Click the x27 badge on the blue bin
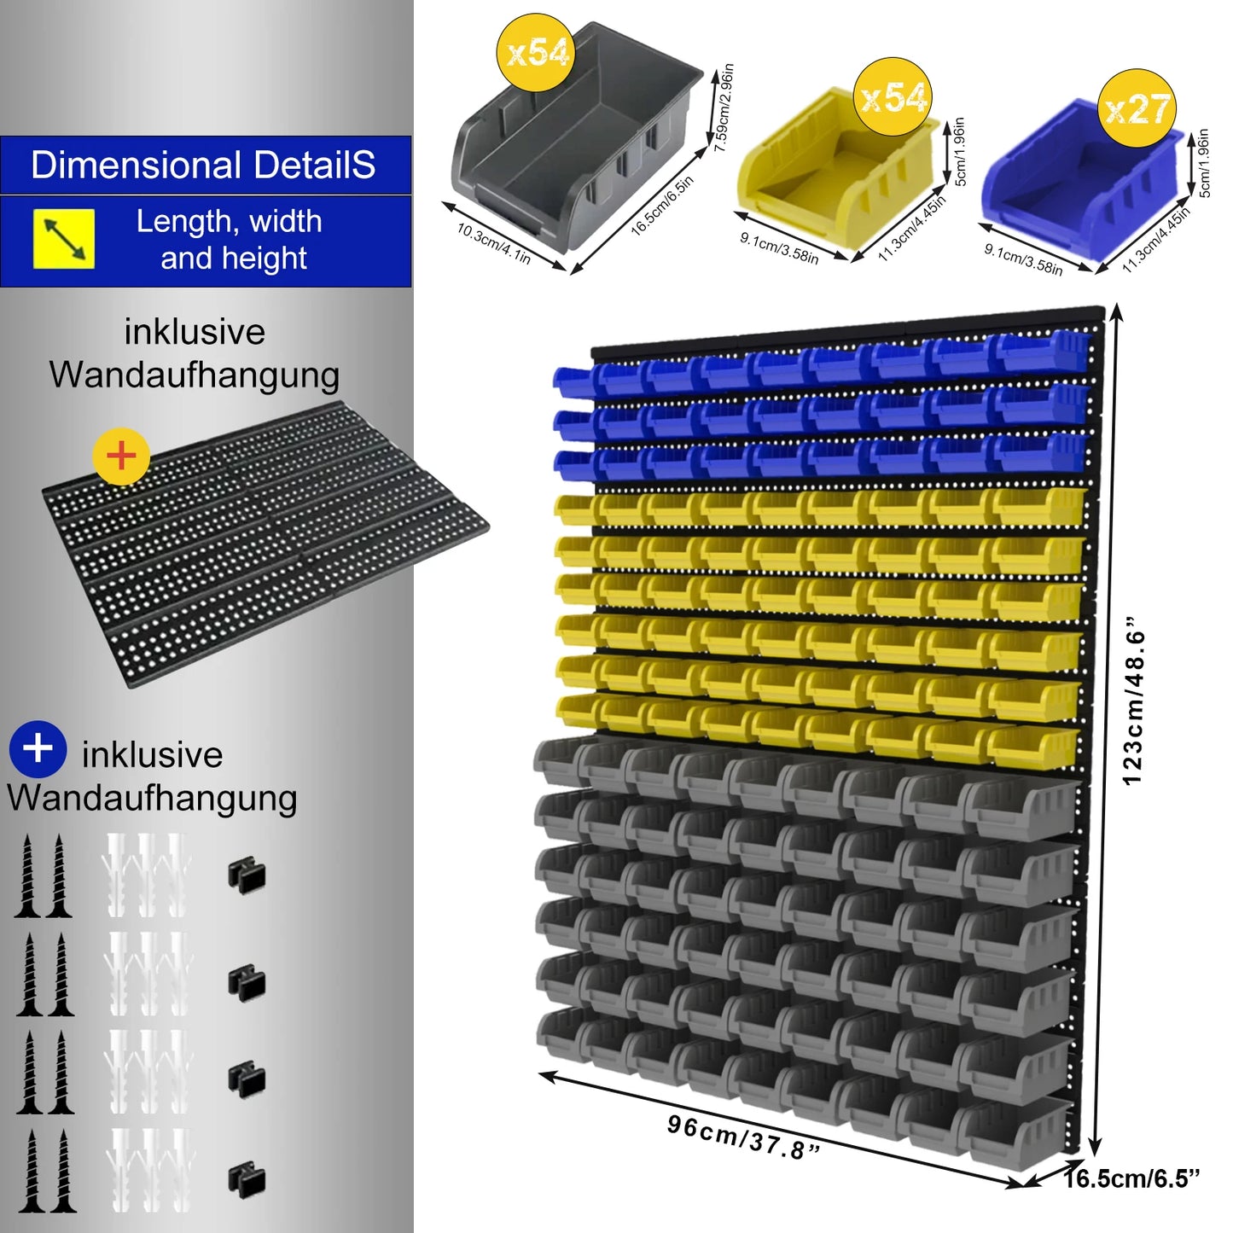coord(1137,108)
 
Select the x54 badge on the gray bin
coord(536,52)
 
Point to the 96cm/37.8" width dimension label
coord(743,1137)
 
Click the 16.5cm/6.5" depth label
coord(1131,1178)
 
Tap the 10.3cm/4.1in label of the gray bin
coord(493,244)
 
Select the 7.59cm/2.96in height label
coord(724,108)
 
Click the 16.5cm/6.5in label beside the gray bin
coord(662,206)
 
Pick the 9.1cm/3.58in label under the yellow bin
coord(779,247)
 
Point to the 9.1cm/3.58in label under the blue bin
coord(1023,259)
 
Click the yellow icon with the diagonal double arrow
coord(63,239)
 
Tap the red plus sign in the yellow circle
coord(121,457)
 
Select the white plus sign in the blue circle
coord(38,749)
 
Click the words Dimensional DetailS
coord(203,165)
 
